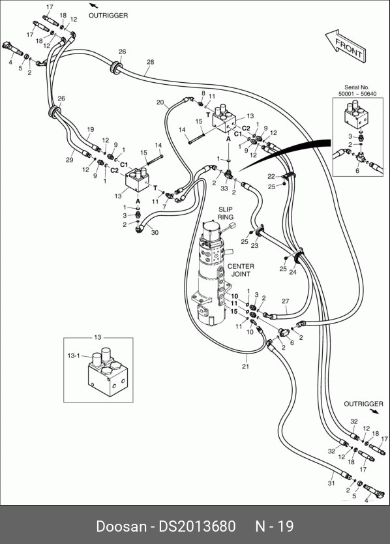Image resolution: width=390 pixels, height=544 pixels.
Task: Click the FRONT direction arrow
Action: [346, 46]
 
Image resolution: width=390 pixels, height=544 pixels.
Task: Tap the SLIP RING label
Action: [225, 213]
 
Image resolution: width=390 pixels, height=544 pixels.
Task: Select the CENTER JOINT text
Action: [241, 270]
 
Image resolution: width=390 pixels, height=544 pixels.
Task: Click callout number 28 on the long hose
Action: [150, 62]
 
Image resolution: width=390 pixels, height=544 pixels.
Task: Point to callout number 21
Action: [245, 367]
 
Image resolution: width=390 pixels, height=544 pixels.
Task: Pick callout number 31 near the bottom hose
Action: [331, 483]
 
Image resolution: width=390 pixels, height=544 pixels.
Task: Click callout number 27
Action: [285, 301]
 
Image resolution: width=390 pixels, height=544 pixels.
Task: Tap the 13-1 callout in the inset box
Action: [74, 355]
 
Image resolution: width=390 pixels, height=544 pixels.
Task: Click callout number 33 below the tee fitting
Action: [224, 189]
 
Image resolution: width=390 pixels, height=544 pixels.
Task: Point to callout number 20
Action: [160, 102]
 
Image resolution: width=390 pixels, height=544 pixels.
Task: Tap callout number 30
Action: [155, 232]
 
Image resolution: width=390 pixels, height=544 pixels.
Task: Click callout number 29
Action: [69, 160]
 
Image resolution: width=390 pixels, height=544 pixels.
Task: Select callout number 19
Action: [90, 129]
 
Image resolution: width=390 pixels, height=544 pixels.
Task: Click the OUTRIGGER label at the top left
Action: [108, 16]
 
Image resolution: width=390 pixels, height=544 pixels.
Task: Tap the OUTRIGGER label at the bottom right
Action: [364, 404]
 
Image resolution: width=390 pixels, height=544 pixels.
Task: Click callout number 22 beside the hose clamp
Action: [271, 177]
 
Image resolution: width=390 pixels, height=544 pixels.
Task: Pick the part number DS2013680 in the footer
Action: [197, 526]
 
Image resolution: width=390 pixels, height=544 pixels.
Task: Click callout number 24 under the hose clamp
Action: [293, 273]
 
